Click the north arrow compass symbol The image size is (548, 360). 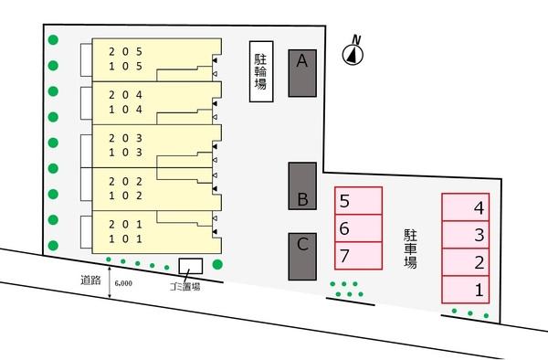coord(352,53)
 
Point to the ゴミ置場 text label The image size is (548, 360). coord(184,285)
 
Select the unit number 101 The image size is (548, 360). coord(125,239)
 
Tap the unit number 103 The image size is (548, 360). coord(125,153)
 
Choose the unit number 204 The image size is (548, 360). coord(125,94)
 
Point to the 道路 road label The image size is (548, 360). coord(90,281)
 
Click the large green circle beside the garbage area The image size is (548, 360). coord(217,266)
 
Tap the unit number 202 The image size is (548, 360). coord(125,180)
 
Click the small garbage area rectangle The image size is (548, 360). coord(190,266)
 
